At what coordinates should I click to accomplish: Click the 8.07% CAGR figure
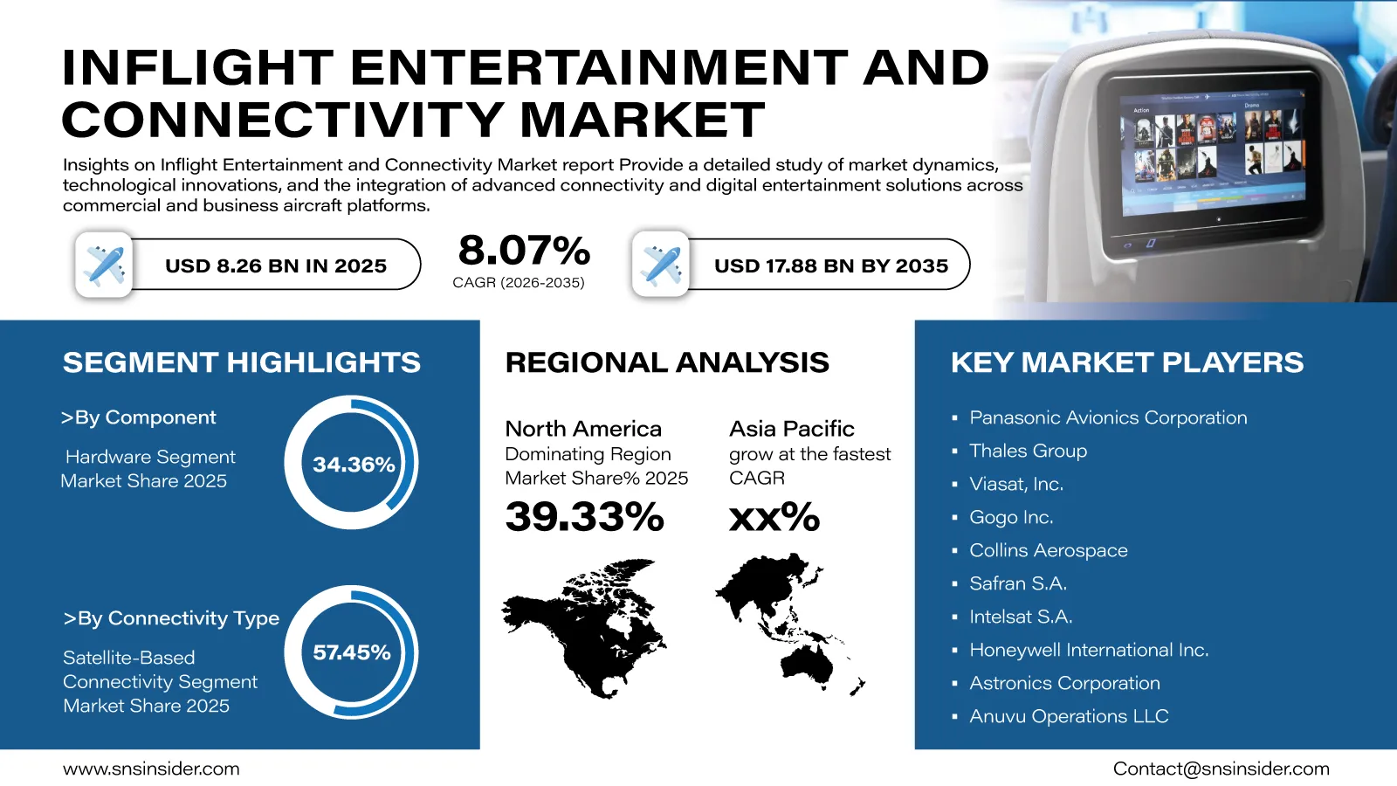click(x=524, y=250)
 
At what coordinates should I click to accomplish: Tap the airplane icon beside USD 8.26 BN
click(x=104, y=265)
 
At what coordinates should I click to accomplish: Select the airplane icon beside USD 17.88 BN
click(x=660, y=265)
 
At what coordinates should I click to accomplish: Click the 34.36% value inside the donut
click(x=354, y=464)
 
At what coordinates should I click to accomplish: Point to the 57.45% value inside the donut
click(x=352, y=652)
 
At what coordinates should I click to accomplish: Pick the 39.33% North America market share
click(x=584, y=516)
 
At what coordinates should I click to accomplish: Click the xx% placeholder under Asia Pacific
click(x=774, y=516)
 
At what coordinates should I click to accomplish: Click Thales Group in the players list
click(x=1028, y=451)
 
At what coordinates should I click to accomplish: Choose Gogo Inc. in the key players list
click(x=1011, y=517)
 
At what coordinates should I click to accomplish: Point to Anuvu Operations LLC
click(x=1069, y=716)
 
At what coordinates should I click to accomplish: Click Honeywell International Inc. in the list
click(x=1089, y=650)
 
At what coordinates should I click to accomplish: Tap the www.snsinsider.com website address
click(x=151, y=769)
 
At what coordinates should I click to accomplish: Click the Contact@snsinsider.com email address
click(x=1222, y=769)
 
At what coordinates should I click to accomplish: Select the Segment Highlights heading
click(x=242, y=362)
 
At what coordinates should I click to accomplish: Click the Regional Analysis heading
click(x=667, y=362)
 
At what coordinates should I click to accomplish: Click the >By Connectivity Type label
click(x=171, y=618)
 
